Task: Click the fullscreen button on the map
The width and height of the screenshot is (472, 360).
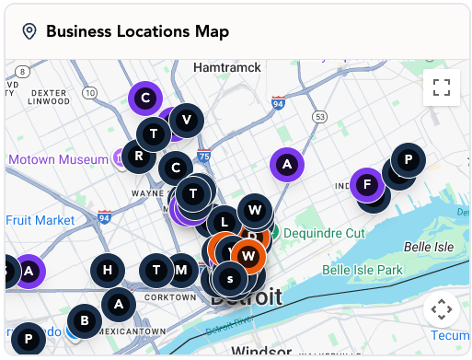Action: (442, 87)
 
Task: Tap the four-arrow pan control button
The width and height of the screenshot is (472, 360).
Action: (442, 309)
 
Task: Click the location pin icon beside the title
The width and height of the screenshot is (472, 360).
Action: (29, 31)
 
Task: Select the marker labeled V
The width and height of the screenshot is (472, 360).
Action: (187, 120)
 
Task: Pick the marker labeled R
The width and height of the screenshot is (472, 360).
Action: (139, 155)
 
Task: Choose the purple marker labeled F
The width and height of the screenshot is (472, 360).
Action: (367, 183)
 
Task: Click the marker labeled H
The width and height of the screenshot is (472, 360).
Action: (108, 270)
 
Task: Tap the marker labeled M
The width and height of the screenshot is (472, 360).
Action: (182, 270)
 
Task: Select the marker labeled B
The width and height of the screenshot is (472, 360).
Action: (84, 320)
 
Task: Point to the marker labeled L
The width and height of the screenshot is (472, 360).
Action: (224, 222)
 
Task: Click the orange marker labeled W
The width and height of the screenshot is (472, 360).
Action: (248, 254)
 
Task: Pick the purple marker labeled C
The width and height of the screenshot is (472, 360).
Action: (145, 95)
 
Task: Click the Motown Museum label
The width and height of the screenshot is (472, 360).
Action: (58, 159)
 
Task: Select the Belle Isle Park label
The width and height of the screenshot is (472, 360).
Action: (363, 270)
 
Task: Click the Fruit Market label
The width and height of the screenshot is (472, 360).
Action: (40, 220)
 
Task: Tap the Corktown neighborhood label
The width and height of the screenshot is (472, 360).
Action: (173, 297)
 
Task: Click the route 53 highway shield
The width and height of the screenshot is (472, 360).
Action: (319, 117)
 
